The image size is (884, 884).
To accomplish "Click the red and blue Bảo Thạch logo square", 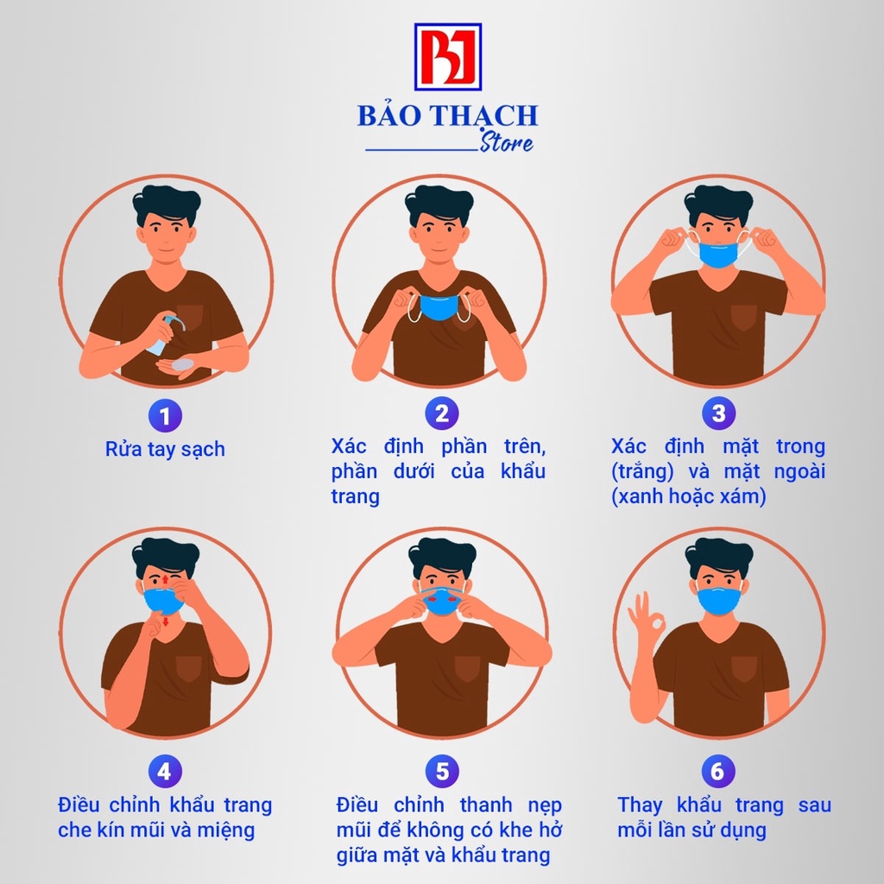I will (447, 57).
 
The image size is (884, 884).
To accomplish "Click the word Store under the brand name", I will (507, 143).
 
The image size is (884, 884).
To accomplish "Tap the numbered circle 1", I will (165, 416).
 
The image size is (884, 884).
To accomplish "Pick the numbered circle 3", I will (718, 414).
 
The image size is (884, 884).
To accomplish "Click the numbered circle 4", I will (164, 771).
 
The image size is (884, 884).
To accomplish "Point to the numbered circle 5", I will (441, 771).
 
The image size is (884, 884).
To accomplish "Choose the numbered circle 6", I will (718, 771).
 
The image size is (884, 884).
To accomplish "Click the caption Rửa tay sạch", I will (165, 449).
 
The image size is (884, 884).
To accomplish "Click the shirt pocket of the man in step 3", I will (743, 317).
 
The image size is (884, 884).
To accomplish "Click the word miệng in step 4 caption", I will (226, 830).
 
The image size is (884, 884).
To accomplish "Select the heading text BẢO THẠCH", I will (447, 116).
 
